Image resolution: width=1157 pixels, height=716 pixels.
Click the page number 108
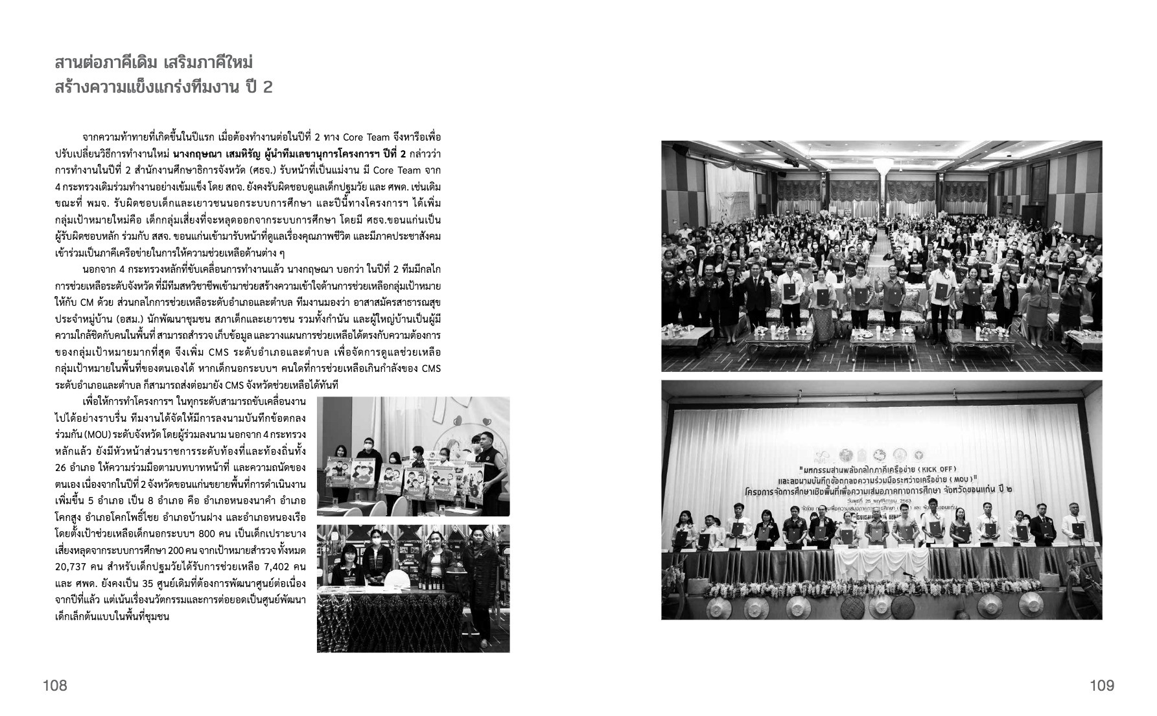(55, 685)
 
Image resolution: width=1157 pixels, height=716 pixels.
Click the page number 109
(1101, 685)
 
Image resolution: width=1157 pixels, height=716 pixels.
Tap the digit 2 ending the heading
(267, 87)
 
